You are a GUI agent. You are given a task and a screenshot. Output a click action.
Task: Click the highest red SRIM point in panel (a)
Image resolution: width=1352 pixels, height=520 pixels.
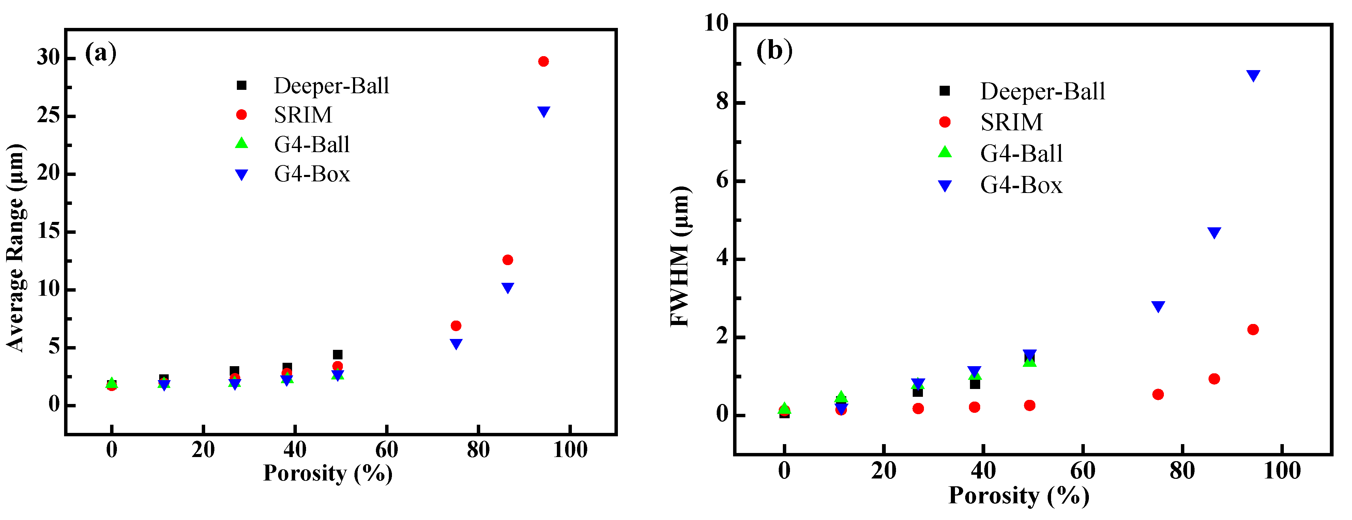point(543,61)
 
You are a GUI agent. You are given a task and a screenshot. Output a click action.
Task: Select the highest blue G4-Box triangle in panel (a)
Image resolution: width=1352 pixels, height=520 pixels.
point(544,112)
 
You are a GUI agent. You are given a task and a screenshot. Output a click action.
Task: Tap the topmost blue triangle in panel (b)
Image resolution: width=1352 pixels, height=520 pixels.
point(1253,76)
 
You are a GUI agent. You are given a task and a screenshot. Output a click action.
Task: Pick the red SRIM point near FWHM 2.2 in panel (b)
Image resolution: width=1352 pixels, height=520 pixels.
point(1253,329)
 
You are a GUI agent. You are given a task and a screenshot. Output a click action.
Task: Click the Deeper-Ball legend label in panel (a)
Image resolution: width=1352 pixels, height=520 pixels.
point(331,85)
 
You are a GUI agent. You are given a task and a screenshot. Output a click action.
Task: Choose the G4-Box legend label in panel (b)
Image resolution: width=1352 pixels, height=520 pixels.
point(1021,185)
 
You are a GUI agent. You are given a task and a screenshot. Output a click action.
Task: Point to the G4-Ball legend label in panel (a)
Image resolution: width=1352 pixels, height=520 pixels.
point(312,144)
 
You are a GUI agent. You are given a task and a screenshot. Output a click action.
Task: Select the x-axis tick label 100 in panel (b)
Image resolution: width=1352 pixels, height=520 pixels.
point(1282,471)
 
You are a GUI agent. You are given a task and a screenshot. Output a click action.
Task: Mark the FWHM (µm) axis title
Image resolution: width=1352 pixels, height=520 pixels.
point(681,256)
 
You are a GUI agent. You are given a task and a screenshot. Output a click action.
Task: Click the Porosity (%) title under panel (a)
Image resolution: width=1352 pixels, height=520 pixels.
point(328,473)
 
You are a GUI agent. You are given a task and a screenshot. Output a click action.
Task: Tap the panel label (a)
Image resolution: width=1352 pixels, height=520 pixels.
point(101,53)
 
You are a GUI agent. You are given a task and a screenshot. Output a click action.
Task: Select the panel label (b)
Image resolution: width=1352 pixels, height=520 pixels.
point(774,50)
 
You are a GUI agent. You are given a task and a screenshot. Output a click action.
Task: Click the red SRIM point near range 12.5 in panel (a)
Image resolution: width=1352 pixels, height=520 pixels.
point(507,260)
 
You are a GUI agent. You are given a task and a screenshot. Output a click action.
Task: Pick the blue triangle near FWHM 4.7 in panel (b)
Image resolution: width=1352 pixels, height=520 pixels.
point(1214,233)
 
